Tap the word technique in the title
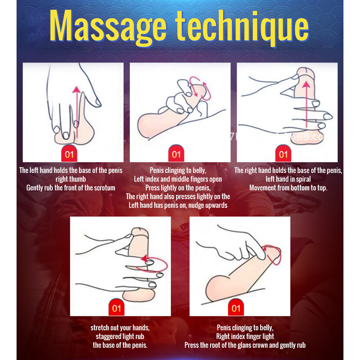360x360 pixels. [x=242, y=28]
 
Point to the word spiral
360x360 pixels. [x=303, y=179]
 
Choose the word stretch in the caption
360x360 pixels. [x=99, y=328]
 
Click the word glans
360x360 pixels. [x=244, y=345]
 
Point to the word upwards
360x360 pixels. [x=218, y=205]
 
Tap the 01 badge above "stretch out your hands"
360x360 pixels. [x=116, y=307]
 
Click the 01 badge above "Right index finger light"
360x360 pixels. [x=236, y=307]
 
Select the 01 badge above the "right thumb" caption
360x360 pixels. [x=69, y=153]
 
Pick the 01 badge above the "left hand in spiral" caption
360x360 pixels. [x=283, y=153]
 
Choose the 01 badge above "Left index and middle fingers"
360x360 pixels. [x=176, y=153]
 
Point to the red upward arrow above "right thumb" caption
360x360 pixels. [x=77, y=112]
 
